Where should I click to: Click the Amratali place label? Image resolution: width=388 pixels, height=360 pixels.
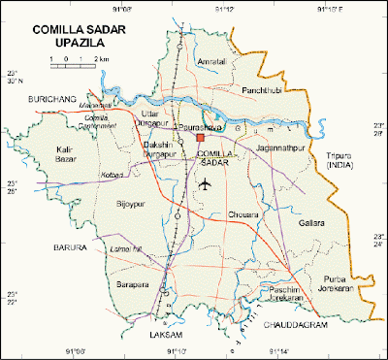[210, 63]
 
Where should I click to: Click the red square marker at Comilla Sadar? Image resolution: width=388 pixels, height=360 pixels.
[201, 140]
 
